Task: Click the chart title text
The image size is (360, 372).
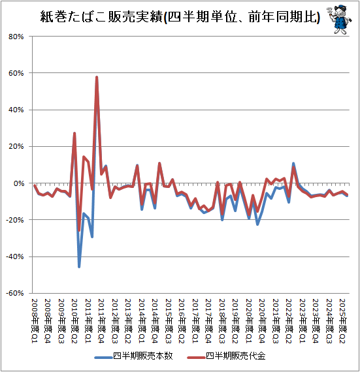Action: [x=180, y=16]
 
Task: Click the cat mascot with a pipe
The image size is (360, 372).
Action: [x=339, y=20]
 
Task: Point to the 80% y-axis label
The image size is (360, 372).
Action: [x=16, y=37]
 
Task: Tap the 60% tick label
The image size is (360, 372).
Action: [x=16, y=73]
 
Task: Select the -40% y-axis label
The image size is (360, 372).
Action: [x=15, y=256]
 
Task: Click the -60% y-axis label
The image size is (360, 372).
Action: [x=15, y=293]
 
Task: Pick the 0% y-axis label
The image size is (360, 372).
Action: [x=19, y=183]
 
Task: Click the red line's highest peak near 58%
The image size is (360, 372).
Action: [x=97, y=77]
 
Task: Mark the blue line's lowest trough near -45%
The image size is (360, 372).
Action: [x=79, y=267]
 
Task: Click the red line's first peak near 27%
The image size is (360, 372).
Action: [x=74, y=133]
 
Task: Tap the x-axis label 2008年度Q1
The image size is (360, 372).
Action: [x=35, y=320]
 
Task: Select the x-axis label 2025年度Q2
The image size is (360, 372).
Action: [x=342, y=320]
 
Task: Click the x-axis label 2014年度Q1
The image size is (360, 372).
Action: [x=142, y=320]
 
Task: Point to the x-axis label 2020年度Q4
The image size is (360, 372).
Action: [x=262, y=320]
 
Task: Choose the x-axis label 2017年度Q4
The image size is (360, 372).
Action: [x=208, y=320]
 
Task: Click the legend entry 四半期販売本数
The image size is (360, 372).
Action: [x=134, y=356]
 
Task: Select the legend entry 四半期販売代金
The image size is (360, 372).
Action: [x=227, y=356]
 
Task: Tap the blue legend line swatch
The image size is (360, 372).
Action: [x=103, y=357]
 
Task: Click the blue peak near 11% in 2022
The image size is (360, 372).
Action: [x=293, y=163]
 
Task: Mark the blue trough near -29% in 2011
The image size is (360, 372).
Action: [x=92, y=236]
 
